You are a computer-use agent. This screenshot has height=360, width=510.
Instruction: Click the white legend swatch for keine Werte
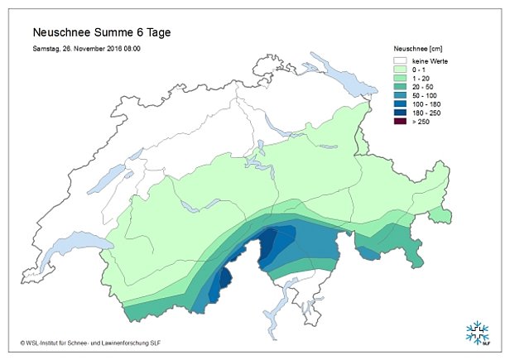point(401,61)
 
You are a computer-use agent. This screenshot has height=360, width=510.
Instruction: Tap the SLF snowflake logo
point(477,332)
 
